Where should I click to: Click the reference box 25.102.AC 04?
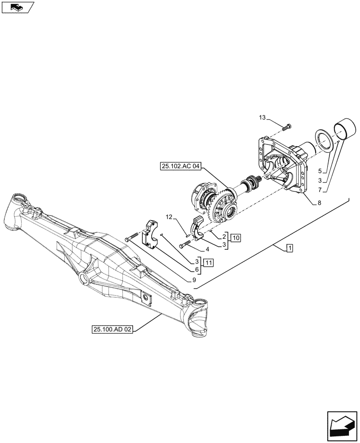coord(178,167)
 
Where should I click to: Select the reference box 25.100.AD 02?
coord(113,330)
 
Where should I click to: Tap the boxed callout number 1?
coord(289,248)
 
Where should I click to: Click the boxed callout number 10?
coord(235,238)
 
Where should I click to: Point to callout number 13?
coord(262,117)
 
